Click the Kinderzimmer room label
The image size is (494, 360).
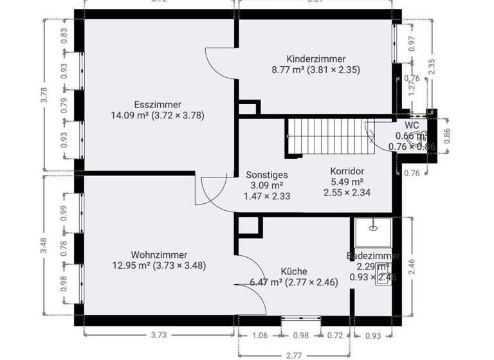click(316, 59)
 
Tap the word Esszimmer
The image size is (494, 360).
click(158, 105)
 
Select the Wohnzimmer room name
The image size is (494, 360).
click(159, 254)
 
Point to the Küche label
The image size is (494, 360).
click(294, 271)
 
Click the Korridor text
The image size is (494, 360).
click(347, 172)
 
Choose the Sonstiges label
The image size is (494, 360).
click(267, 175)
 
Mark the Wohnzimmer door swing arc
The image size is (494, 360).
click(212, 189)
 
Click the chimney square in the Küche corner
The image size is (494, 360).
click(248, 224)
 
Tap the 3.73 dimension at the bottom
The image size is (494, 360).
click(159, 335)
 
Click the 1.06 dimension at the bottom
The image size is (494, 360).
click(261, 335)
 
